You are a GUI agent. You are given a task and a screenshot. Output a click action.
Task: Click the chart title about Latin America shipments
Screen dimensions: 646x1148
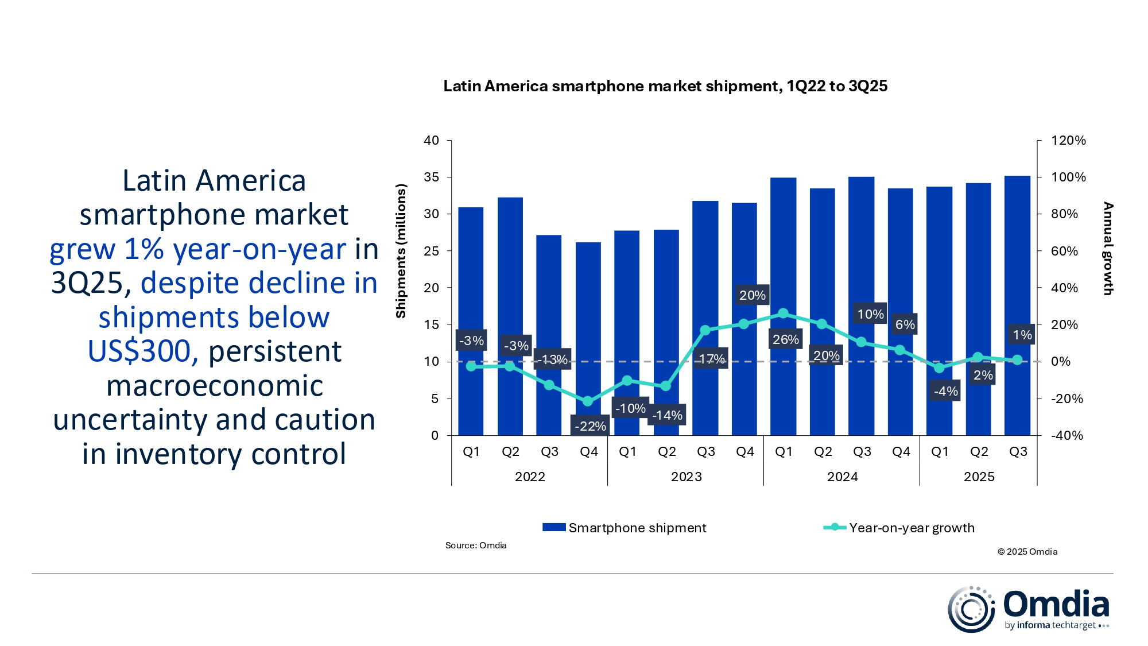tap(665, 86)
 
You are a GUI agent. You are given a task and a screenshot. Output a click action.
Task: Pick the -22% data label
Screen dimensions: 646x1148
tap(590, 426)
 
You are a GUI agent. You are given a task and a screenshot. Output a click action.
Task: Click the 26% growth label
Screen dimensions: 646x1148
tap(785, 339)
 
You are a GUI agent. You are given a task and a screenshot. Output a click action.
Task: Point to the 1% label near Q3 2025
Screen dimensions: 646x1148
tap(1022, 335)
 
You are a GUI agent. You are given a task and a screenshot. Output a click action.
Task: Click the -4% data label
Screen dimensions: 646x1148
tap(945, 391)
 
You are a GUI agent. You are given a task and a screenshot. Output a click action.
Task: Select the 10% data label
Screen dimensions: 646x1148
tap(870, 314)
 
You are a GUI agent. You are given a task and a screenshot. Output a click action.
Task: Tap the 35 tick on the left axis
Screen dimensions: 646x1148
tap(431, 177)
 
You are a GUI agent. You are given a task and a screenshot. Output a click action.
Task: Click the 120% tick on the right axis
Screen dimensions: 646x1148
tap(1068, 140)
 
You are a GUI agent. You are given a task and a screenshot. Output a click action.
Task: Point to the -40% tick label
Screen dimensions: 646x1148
tap(1066, 435)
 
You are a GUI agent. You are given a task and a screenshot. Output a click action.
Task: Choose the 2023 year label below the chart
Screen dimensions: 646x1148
tap(686, 477)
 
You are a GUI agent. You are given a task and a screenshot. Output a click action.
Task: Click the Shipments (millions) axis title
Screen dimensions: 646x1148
tap(401, 251)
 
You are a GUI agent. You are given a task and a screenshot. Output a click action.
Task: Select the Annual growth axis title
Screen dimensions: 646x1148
tap(1108, 249)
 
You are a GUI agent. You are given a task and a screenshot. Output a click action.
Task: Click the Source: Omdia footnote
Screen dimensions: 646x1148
tap(476, 545)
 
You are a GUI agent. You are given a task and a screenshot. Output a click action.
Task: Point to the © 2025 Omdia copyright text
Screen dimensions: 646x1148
tap(1027, 551)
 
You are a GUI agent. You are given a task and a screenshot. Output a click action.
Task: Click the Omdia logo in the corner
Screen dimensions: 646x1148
tap(1027, 609)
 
